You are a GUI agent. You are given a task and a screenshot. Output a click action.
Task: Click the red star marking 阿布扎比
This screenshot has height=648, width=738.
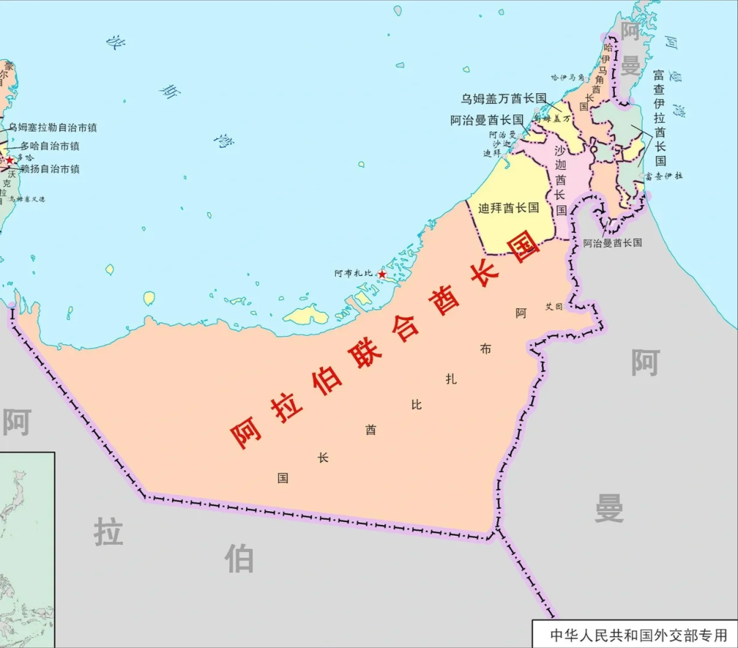coord(382,274)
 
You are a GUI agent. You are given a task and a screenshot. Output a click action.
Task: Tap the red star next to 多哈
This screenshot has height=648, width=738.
coord(9,160)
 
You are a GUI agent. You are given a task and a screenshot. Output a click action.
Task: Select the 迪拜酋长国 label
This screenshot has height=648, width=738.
coord(508,208)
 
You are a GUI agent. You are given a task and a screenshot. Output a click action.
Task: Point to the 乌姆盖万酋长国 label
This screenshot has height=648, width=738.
coord(504,98)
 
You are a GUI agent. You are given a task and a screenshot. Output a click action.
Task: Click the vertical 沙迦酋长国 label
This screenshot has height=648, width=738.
coord(560,180)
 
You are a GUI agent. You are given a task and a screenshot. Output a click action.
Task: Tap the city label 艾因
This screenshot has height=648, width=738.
coord(554,306)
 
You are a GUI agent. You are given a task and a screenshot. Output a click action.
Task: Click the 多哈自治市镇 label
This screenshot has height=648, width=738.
coord(50,146)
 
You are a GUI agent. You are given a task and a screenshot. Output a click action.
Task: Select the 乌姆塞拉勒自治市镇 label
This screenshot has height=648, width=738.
coord(52,128)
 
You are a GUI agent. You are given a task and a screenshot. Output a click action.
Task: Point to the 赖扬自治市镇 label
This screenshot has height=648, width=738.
coord(50,169)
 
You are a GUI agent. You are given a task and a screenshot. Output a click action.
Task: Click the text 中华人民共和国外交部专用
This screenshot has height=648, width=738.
coord(637,636)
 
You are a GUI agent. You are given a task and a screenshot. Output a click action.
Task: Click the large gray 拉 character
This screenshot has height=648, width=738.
coord(108,531)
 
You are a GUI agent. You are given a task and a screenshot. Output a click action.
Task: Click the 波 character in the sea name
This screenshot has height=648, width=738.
coord(115,42)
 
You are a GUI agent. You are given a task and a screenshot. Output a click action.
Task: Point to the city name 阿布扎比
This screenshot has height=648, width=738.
coord(353,273)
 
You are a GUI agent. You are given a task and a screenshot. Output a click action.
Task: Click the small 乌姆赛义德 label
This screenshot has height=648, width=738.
coord(27,199)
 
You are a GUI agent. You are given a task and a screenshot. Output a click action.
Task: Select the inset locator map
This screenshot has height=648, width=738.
coord(27,550)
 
